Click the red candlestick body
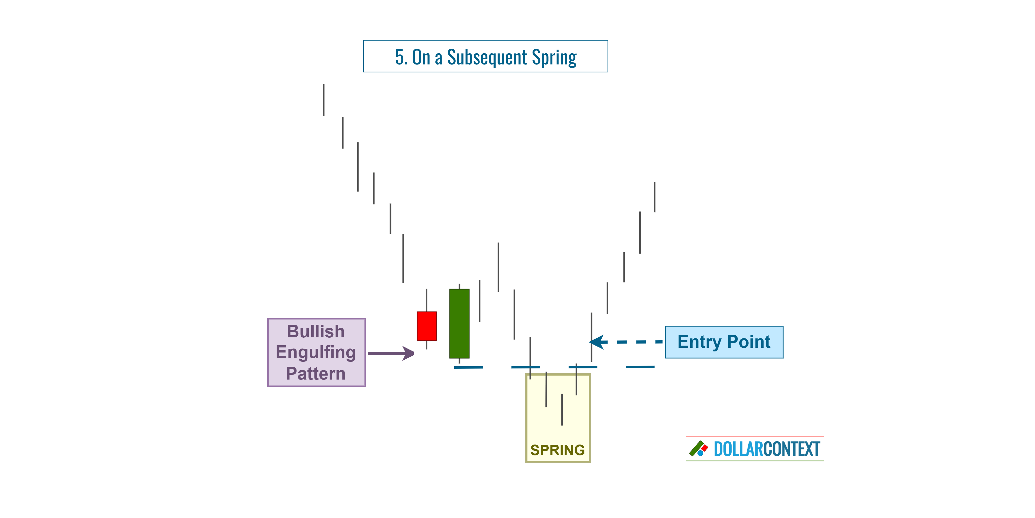point(426,326)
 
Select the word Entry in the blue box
point(700,342)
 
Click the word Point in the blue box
point(749,342)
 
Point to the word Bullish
point(316,332)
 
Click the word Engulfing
point(316,352)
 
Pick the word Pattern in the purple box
point(316,373)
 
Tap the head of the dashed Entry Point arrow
point(597,342)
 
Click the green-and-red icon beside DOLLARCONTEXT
point(698,449)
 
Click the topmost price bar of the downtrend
point(324,100)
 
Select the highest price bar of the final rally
point(654,197)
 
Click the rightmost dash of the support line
point(640,367)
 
